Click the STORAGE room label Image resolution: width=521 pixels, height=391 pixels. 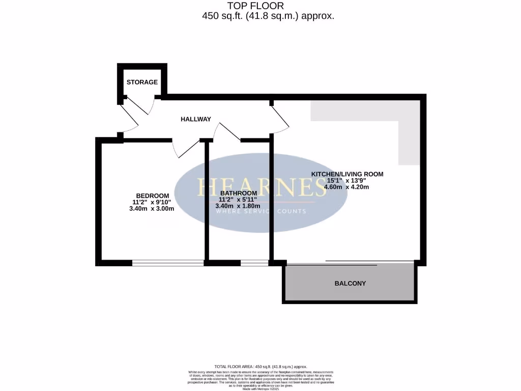point(142,82)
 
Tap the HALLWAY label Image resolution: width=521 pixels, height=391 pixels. point(196,119)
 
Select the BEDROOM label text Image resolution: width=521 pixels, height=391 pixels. point(152,196)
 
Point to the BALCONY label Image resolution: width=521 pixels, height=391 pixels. point(350,284)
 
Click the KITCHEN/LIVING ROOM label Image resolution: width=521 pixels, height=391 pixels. point(347,174)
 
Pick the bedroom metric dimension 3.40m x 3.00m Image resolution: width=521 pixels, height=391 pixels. point(148,209)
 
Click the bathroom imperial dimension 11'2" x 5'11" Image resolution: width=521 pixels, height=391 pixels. point(238,200)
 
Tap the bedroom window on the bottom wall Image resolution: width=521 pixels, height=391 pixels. point(167,263)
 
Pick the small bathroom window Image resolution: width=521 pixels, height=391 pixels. point(254,263)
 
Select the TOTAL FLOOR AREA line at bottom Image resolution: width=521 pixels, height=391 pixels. point(260,367)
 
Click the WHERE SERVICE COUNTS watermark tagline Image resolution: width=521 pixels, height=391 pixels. point(261,211)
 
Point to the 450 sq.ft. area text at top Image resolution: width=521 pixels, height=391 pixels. point(268,16)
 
